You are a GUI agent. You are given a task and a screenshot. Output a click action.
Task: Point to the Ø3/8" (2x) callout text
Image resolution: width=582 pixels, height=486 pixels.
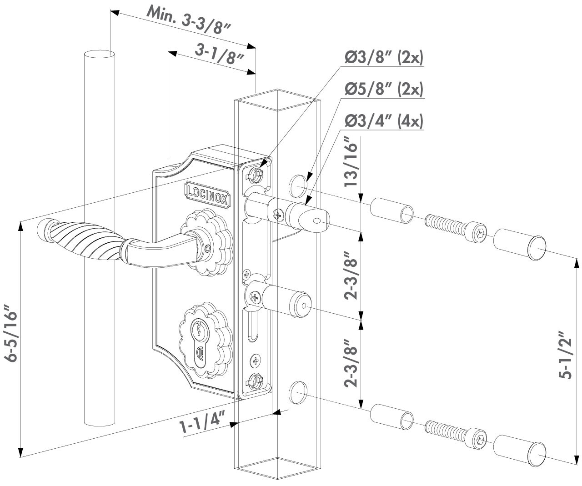(384, 58)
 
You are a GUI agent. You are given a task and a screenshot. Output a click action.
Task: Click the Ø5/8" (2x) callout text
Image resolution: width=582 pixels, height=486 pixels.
(384, 90)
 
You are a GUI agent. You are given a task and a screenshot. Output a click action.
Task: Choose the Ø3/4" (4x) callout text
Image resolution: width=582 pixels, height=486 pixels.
(384, 121)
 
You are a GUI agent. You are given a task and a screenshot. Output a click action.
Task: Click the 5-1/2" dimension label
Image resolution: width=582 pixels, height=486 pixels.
(565, 355)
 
